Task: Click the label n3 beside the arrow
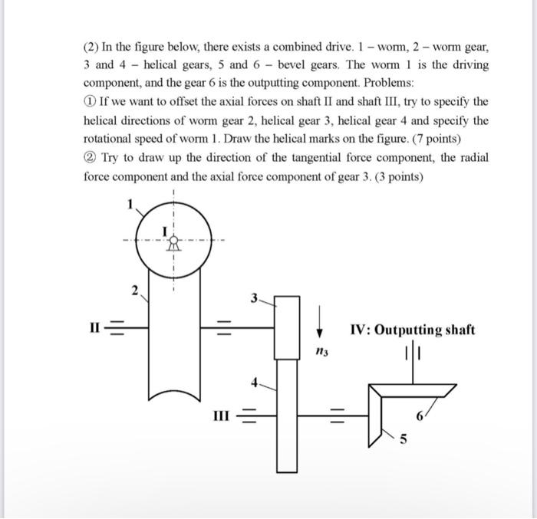pos(321,351)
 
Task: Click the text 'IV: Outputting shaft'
pos(412,330)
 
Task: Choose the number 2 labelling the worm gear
pos(133,290)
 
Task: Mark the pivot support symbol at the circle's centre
pos(173,244)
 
